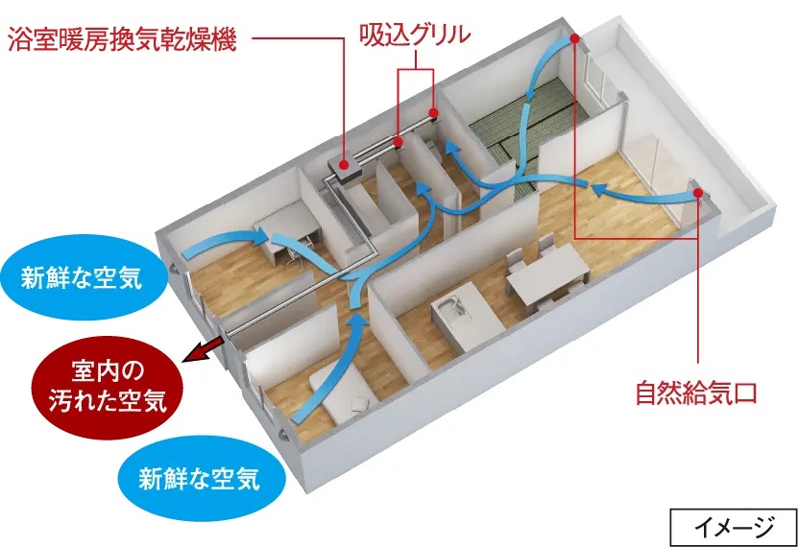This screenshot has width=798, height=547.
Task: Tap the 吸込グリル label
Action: click(415, 36)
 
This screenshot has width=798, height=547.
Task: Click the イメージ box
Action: click(733, 524)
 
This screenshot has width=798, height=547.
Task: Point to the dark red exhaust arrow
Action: click(199, 352)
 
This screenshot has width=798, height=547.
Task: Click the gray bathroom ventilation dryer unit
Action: click(344, 170)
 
